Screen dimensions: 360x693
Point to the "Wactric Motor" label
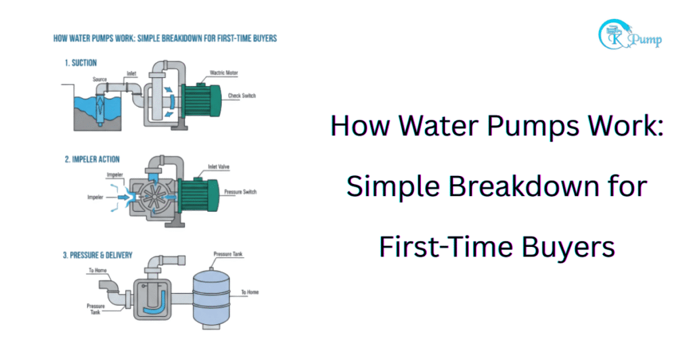(227, 72)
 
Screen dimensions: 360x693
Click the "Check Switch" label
(242, 96)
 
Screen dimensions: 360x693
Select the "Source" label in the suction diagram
(99, 79)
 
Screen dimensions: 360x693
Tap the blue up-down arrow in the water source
(100, 108)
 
